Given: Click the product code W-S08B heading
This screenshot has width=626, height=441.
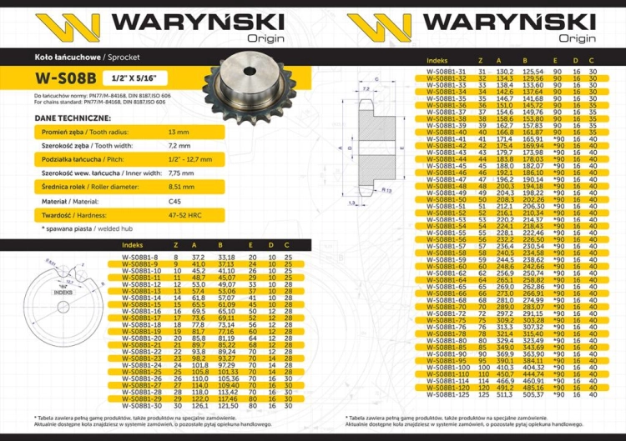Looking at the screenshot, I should (65, 80).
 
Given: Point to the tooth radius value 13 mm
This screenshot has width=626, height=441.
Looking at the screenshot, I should (179, 133).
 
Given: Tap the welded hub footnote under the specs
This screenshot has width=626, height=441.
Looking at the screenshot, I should (83, 227).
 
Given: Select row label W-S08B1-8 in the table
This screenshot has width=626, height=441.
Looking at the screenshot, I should (139, 258).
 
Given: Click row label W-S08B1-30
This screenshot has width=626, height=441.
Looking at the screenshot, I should (139, 406).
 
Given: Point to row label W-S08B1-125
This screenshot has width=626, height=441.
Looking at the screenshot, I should (447, 394).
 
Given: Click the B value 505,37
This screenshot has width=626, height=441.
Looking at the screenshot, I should (532, 394).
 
